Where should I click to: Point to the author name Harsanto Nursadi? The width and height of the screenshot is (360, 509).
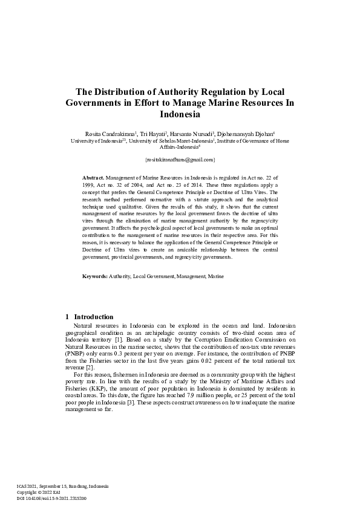pyautogui.click(x=190, y=134)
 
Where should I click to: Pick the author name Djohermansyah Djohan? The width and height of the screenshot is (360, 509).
pyautogui.click(x=244, y=134)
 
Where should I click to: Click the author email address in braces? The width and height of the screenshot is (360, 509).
pyautogui.click(x=180, y=160)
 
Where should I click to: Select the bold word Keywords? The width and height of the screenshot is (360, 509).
pyautogui.click(x=94, y=276)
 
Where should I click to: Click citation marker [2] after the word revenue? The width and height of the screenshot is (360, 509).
pyautogui.click(x=90, y=367)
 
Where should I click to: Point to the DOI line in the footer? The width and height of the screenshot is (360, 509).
pyautogui.click(x=51, y=498)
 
